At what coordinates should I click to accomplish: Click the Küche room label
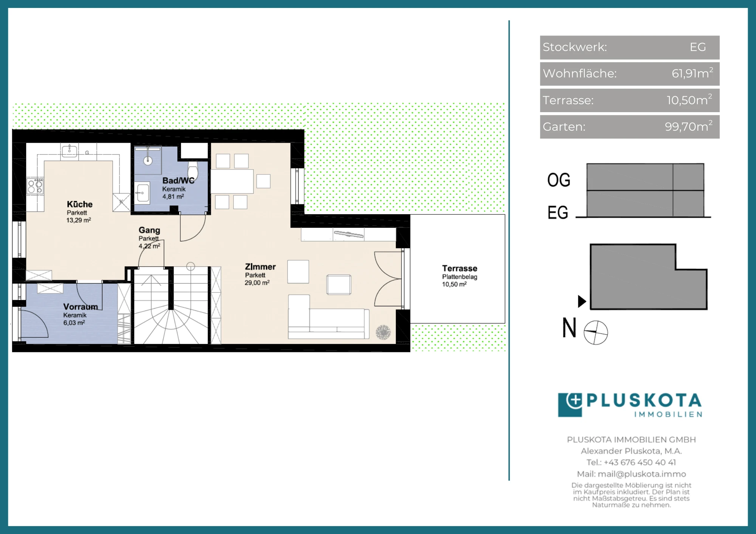(80, 204)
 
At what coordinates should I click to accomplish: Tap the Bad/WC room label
(178, 181)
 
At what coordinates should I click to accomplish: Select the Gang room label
(149, 230)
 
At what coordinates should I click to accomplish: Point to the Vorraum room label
(81, 307)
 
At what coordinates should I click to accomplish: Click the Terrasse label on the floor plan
(460, 268)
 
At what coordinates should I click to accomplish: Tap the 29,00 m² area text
(257, 282)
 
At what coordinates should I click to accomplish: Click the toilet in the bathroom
(193, 171)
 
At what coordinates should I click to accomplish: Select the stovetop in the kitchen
(35, 186)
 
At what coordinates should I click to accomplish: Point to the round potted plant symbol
(383, 332)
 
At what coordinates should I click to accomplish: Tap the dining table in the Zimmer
(232, 181)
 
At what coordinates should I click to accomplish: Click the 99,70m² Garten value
(689, 126)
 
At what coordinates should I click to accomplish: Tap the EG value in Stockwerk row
(698, 47)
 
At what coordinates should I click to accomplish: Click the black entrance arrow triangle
(582, 301)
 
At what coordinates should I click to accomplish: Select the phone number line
(631, 462)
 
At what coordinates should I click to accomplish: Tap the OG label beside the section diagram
(559, 180)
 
